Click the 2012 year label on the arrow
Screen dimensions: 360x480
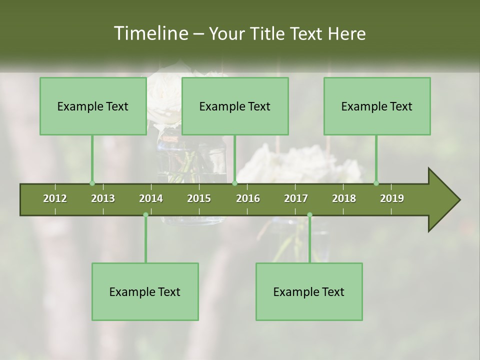(x=55, y=198)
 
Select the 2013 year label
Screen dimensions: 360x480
(x=103, y=198)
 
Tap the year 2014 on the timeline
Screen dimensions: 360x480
(x=151, y=198)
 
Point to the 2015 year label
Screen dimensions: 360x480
(x=199, y=198)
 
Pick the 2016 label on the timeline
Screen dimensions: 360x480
(x=248, y=198)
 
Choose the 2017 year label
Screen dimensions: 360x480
(x=296, y=198)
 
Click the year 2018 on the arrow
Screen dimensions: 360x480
(x=344, y=198)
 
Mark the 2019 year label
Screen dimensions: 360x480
(x=392, y=198)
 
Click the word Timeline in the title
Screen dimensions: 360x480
(x=149, y=33)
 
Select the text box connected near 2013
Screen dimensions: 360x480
(x=93, y=106)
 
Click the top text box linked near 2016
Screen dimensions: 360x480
(x=235, y=106)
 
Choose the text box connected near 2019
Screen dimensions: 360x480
(x=377, y=106)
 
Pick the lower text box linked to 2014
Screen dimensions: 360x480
(x=145, y=291)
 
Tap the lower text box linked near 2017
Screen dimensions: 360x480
(x=309, y=291)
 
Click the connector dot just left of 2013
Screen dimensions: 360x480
(x=92, y=183)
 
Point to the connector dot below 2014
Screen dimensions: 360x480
(x=145, y=215)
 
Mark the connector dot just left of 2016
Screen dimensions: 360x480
(x=234, y=183)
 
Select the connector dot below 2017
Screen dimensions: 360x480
(x=309, y=215)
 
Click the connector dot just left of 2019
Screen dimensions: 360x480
(x=376, y=183)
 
